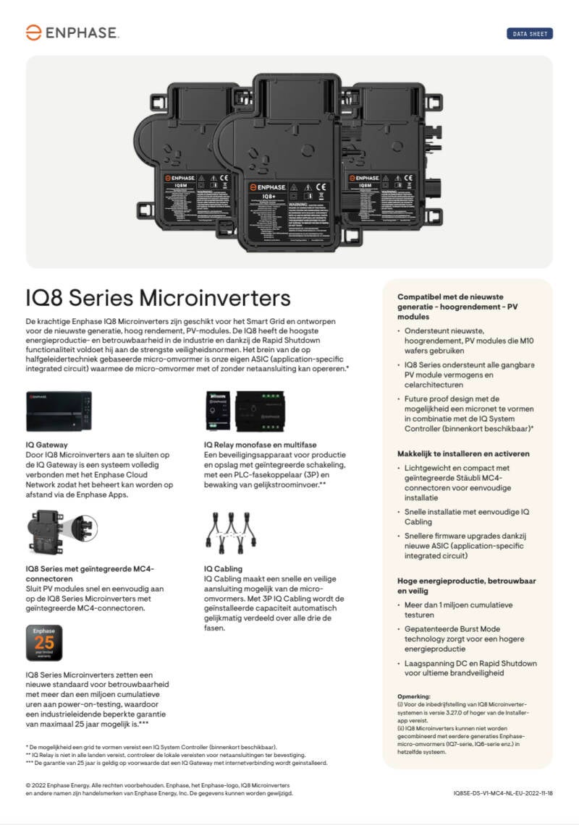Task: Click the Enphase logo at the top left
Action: [x=72, y=33]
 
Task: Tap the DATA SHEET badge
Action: [x=529, y=34]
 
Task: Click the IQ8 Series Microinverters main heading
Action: [x=158, y=298]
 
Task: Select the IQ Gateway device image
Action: [x=59, y=411]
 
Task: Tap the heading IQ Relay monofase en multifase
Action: [x=260, y=444]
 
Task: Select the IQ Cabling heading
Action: [x=223, y=569]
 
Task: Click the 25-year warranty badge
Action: [x=44, y=643]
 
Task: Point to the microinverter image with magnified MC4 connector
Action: [x=60, y=534]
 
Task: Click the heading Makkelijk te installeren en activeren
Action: [x=463, y=453]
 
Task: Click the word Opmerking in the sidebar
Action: [x=414, y=696]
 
